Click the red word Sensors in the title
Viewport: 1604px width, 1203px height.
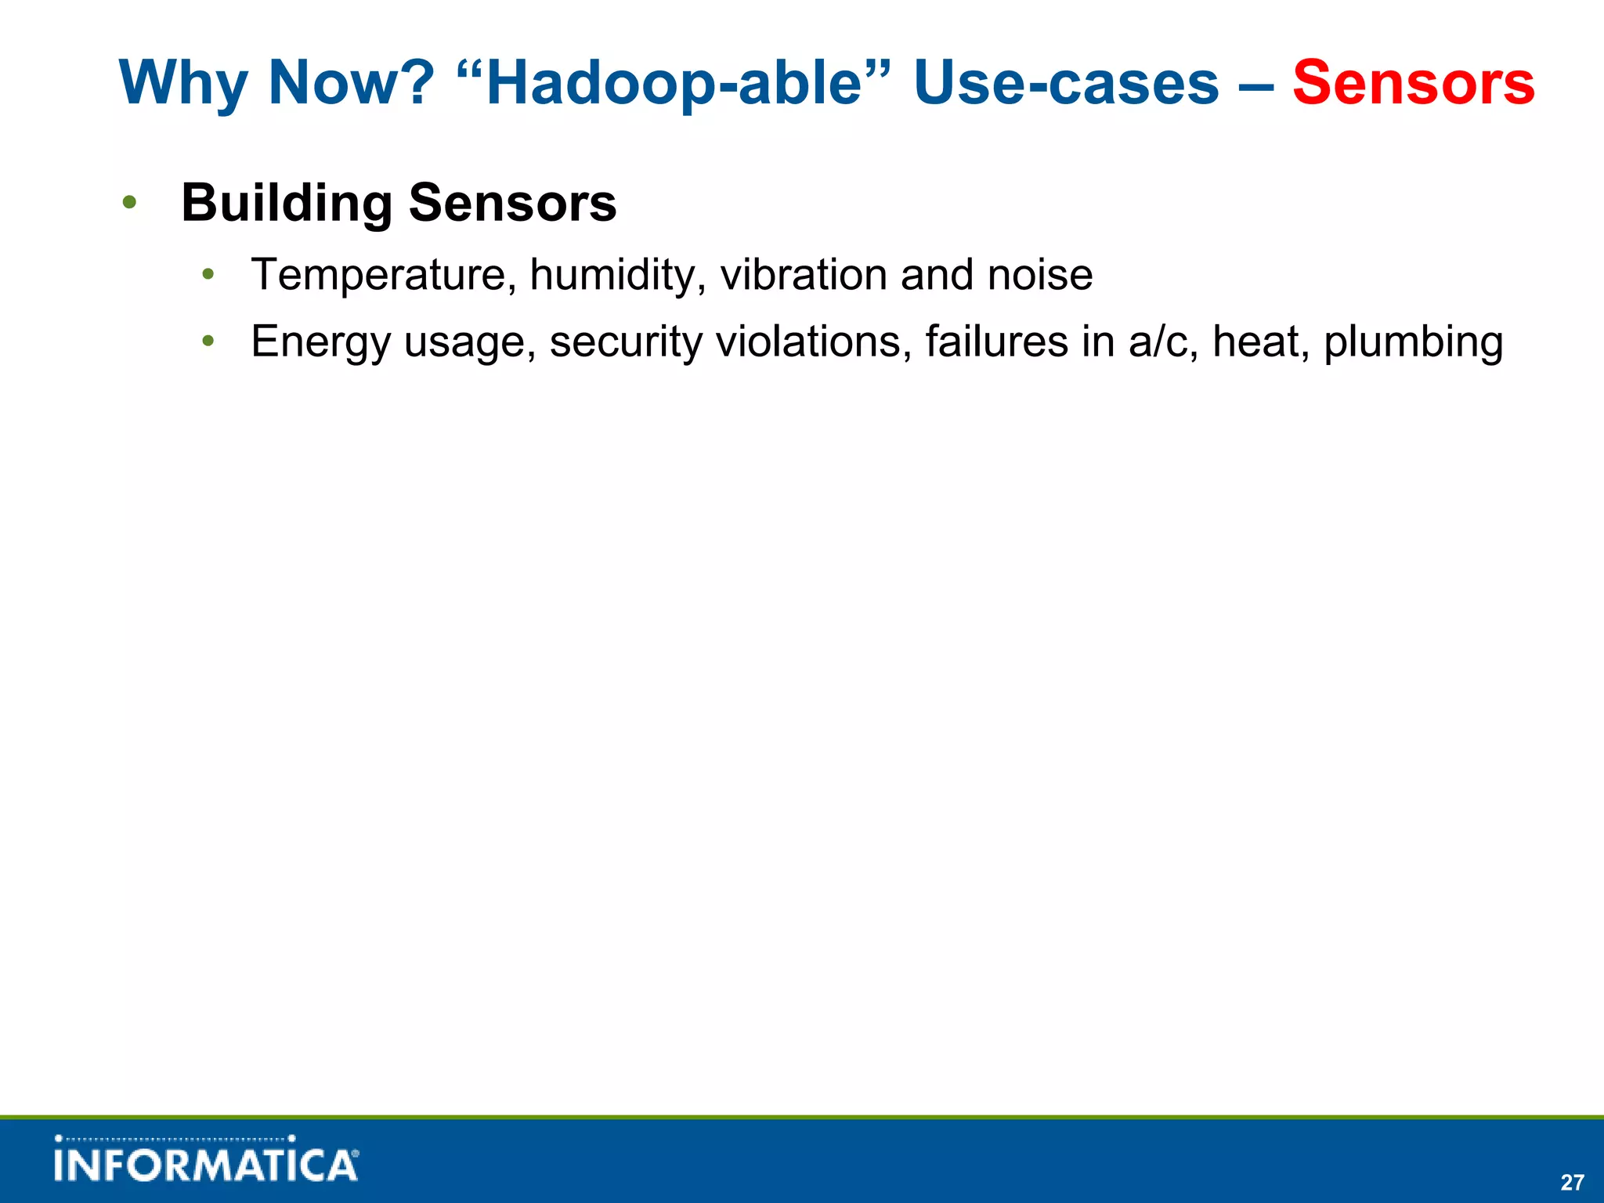[x=1413, y=82]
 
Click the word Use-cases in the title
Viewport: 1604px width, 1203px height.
[x=1066, y=82]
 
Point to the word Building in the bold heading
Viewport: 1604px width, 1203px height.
[x=287, y=203]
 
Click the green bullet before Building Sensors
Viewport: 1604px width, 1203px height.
[x=130, y=203]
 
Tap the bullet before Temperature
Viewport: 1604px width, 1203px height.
[x=208, y=275]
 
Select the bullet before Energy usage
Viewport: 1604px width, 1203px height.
[x=208, y=341]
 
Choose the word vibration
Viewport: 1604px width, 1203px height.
[x=803, y=275]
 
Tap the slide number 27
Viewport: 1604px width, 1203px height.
[x=1572, y=1182]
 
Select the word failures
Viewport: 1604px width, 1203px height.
[x=996, y=341]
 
